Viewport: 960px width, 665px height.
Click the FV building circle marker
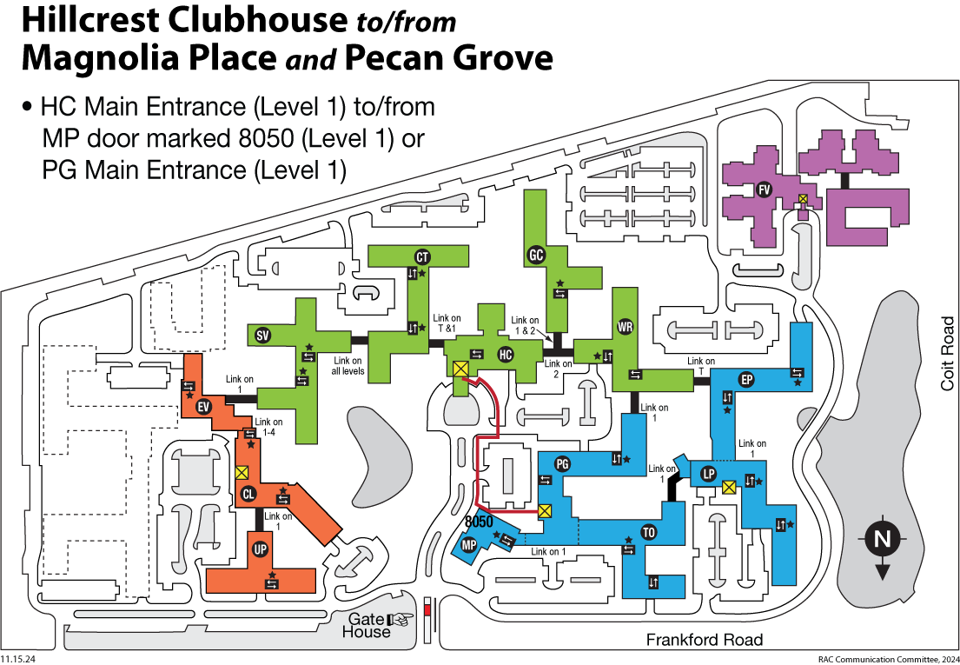(764, 190)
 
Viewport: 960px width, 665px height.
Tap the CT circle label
(423, 256)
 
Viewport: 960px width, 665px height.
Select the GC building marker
(536, 255)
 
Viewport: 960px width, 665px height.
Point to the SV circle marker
(262, 336)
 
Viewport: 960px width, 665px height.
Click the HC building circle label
(506, 355)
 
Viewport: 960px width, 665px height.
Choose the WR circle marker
(625, 327)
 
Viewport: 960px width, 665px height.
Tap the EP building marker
(745, 379)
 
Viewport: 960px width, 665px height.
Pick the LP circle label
(709, 474)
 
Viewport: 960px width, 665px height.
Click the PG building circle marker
(561, 463)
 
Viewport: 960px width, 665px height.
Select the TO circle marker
(647, 532)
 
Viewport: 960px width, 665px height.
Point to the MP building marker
(469, 545)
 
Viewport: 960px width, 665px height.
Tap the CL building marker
(248, 494)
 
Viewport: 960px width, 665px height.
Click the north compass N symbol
(882, 539)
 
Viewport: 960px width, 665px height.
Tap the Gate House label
(368, 625)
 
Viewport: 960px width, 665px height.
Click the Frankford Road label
(704, 641)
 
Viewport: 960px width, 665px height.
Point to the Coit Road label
(946, 353)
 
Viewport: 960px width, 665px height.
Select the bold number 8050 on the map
(480, 522)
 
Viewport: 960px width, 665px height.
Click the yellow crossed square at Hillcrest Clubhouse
(460, 369)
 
